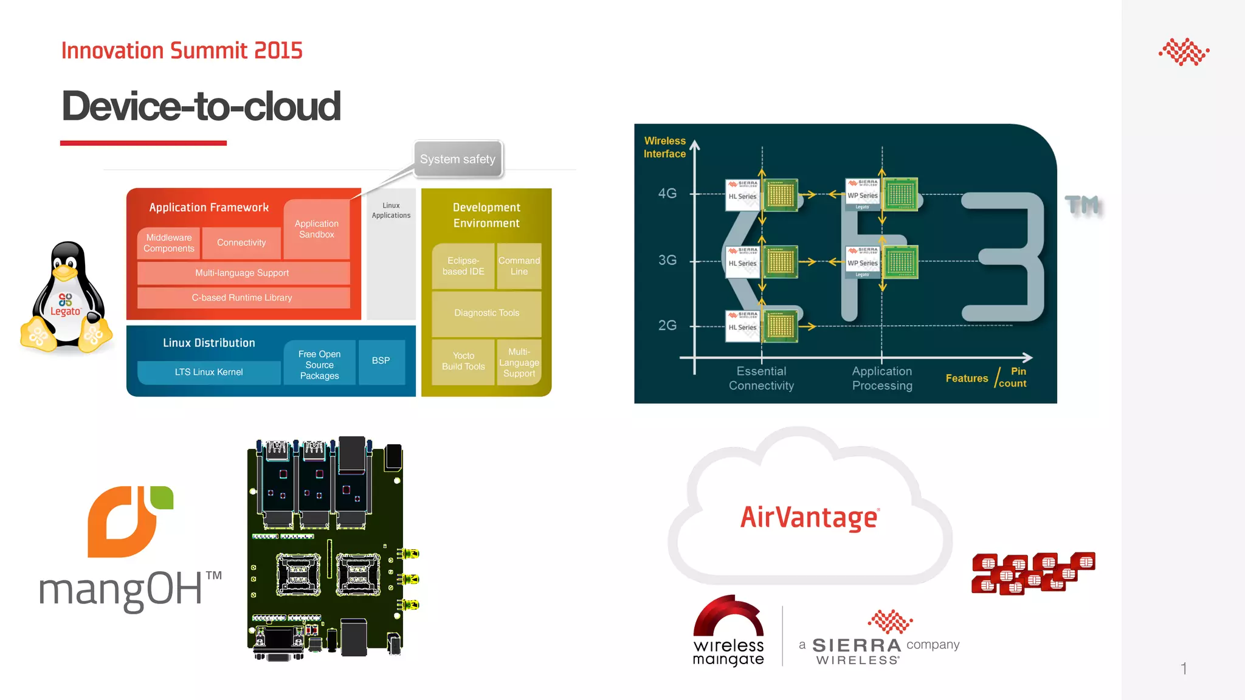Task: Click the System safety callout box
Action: pyautogui.click(x=458, y=159)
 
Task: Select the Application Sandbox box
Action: pyautogui.click(x=316, y=229)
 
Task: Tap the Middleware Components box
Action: pyautogui.click(x=169, y=243)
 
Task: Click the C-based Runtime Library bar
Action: pyautogui.click(x=243, y=298)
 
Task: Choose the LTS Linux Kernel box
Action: pyautogui.click(x=209, y=372)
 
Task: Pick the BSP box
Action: pyautogui.click(x=381, y=361)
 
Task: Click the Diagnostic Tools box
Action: pyautogui.click(x=486, y=313)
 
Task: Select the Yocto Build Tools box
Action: pyautogui.click(x=463, y=362)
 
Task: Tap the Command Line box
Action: pyautogui.click(x=519, y=266)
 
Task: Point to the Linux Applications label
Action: pyautogui.click(x=391, y=211)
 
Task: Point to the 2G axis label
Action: pyautogui.click(x=667, y=326)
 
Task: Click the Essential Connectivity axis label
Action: pyautogui.click(x=761, y=378)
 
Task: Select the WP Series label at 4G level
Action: pyautogui.click(x=863, y=196)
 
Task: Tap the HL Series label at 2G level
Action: pyautogui.click(x=742, y=328)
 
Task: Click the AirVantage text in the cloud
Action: pyautogui.click(x=809, y=518)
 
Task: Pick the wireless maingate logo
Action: pyautogui.click(x=728, y=632)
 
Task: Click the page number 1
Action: pyautogui.click(x=1183, y=668)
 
